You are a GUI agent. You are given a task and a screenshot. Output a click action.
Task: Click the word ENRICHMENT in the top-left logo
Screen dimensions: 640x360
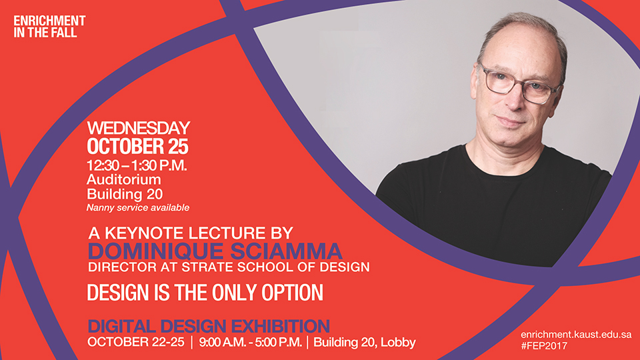pos(49,21)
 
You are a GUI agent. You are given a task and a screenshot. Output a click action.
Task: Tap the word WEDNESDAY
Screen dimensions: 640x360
pos(139,128)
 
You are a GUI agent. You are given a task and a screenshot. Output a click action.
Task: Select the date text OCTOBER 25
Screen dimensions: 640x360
pos(137,147)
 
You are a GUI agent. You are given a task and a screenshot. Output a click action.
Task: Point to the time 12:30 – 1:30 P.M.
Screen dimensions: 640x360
pos(137,165)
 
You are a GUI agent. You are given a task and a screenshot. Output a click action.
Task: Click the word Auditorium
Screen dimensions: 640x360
pos(124,179)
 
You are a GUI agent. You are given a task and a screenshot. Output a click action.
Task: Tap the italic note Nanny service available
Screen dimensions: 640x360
pos(138,208)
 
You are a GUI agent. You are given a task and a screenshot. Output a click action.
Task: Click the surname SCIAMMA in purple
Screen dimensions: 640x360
pos(286,251)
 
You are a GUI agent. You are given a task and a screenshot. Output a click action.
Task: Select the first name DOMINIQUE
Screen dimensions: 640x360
pos(155,252)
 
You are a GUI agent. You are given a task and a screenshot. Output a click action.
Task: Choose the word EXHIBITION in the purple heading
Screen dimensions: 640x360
pos(280,326)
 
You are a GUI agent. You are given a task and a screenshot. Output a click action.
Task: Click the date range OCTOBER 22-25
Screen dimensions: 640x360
pos(136,342)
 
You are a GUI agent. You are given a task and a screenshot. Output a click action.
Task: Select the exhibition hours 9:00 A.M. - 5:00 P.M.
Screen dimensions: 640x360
pos(250,342)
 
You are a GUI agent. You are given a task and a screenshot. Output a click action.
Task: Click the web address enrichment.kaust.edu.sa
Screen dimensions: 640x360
pos(576,335)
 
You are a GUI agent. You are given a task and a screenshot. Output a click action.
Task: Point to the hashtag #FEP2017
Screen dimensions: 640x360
pos(544,346)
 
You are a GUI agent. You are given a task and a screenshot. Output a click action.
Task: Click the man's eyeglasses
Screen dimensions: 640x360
pos(519,84)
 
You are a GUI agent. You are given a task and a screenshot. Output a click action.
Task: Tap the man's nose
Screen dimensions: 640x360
pos(515,100)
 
